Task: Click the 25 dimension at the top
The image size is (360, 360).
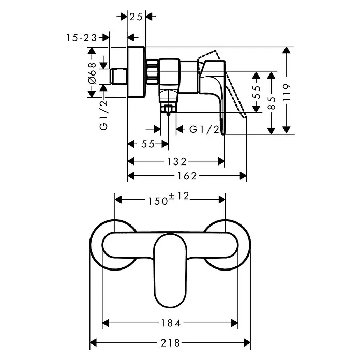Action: coord(136,17)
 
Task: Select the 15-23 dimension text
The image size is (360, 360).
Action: coord(82,38)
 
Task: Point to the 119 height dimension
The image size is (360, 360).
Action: coord(287,92)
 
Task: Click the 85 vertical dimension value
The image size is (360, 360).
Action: coord(272,103)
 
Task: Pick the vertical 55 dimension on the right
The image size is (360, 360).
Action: coord(257,92)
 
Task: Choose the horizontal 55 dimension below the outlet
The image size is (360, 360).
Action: coord(148,144)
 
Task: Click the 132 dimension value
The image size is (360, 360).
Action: coord(176,161)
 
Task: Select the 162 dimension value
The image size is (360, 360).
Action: coord(187,176)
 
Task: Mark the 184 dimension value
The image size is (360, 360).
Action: coord(171,323)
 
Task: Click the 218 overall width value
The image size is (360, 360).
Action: coord(170,343)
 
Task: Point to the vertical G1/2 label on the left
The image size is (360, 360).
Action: coord(104,115)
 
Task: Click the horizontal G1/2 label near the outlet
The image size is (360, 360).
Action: coord(204,130)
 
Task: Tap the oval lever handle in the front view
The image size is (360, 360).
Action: coord(170,271)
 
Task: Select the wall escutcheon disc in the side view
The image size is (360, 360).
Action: coord(136,72)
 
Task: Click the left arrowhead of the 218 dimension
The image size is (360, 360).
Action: coord(93,343)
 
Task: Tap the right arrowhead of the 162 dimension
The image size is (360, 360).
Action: coord(243,176)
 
